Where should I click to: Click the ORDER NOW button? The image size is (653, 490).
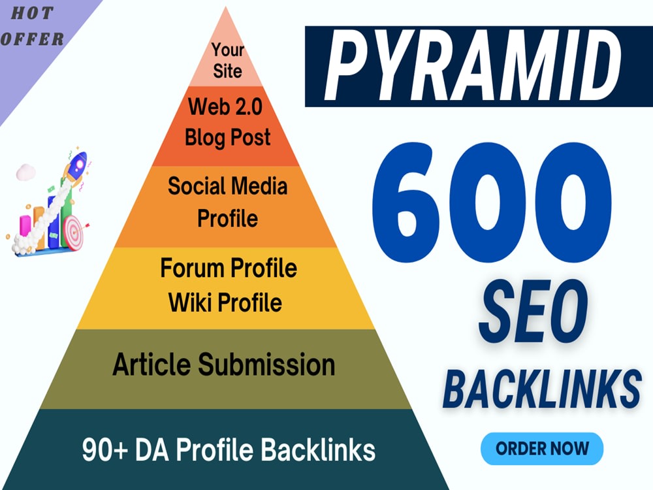(542, 449)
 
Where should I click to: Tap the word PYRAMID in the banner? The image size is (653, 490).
(473, 66)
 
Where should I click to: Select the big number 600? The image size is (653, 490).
(492, 203)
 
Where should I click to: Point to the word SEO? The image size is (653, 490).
(534, 310)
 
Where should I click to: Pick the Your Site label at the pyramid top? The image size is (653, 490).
(227, 60)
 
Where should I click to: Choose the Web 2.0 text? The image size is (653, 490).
(225, 106)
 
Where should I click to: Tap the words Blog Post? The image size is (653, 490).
(227, 138)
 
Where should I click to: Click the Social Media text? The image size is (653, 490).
(227, 186)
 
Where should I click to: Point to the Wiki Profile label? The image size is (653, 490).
(225, 302)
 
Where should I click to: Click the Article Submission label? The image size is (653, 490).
(223, 365)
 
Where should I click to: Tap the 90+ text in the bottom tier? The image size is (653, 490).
(104, 449)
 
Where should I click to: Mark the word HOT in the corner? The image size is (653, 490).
(32, 13)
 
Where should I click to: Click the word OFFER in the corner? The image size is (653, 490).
(32, 39)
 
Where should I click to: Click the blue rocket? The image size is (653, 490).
(76, 165)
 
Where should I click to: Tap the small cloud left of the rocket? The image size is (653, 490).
(26, 172)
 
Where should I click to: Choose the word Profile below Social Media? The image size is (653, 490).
(227, 219)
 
